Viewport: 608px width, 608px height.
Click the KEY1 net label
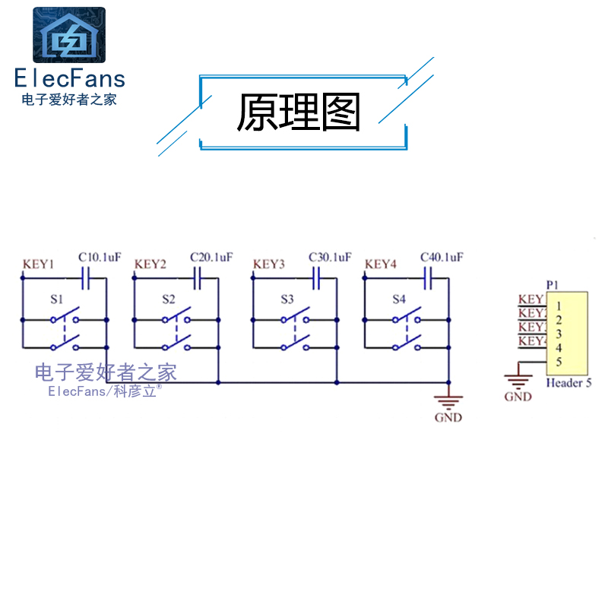pos(38,264)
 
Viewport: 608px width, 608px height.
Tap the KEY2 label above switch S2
pos(150,264)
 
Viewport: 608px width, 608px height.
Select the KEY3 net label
pos(268,264)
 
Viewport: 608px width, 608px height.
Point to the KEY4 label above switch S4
pos(381,264)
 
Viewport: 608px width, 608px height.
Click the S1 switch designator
pos(56,299)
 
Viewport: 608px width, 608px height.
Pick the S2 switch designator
pos(168,299)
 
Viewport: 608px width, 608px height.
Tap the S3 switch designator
pos(287,299)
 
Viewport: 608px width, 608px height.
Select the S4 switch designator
pos(399,299)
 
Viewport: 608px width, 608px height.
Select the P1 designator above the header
pos(553,285)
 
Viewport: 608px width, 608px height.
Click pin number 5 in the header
pos(559,362)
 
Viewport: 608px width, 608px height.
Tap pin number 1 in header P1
pos(559,306)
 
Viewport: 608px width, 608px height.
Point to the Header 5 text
pos(568,383)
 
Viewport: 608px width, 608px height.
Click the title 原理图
pos(298,112)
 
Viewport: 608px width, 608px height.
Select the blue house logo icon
pos(69,35)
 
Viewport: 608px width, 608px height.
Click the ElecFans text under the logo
pos(69,78)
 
